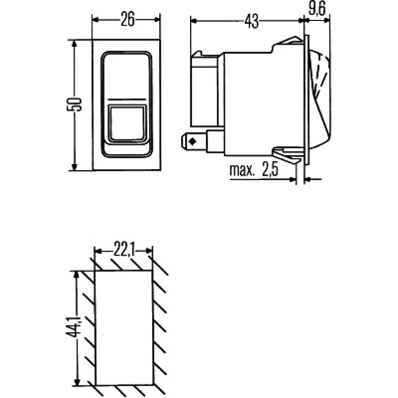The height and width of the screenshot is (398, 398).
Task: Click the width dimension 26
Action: [x=127, y=20]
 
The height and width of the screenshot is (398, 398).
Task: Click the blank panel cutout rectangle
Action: [x=124, y=328]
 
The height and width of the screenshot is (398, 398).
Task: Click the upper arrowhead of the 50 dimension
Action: [x=75, y=44]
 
